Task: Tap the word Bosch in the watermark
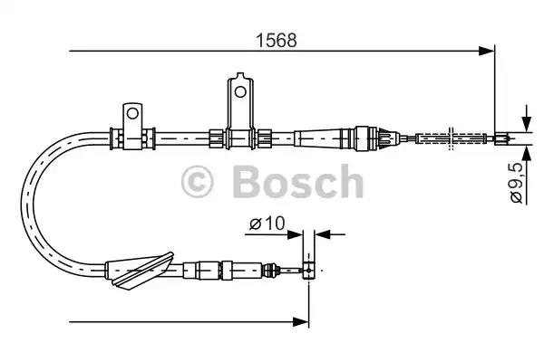click(x=296, y=182)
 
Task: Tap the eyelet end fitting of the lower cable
click(x=309, y=269)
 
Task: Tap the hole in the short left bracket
click(x=133, y=114)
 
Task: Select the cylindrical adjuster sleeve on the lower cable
click(x=205, y=269)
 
